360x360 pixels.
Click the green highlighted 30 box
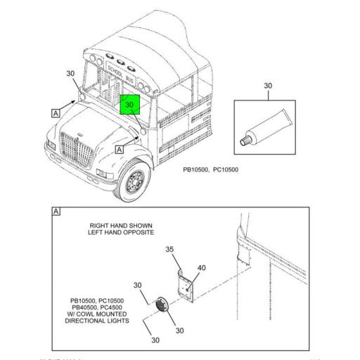tap(130, 105)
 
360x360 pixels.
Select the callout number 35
tap(169, 249)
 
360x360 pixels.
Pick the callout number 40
tap(202, 268)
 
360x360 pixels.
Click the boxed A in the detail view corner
tap(56, 211)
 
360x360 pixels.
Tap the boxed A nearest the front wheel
tap(119, 149)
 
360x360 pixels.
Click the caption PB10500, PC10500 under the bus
tap(211, 169)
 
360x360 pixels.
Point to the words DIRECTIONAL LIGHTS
tap(97, 321)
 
